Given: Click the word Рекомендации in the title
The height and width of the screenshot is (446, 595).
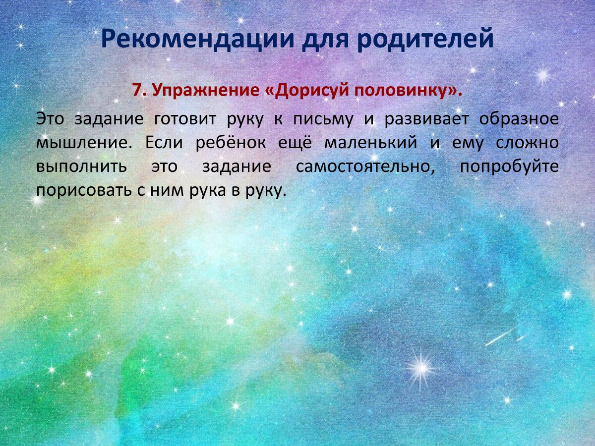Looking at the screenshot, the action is coord(198,40).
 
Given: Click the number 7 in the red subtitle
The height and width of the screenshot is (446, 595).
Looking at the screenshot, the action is coord(137,90).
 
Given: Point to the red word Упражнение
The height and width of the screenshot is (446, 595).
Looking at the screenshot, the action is coord(206,91).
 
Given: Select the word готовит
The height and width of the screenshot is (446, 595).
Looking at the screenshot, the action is coord(185,119).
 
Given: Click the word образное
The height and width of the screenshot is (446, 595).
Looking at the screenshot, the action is coord(519,119).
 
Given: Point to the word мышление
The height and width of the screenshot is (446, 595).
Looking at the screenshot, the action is coord(84,143).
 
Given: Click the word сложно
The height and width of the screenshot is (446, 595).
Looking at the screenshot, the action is coord(527,143).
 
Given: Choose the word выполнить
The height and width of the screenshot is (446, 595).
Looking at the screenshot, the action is coord(81,167).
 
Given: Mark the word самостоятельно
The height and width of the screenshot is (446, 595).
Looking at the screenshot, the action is coord(365,167).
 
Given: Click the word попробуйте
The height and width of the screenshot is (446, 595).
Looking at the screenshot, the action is coord(509,167).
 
